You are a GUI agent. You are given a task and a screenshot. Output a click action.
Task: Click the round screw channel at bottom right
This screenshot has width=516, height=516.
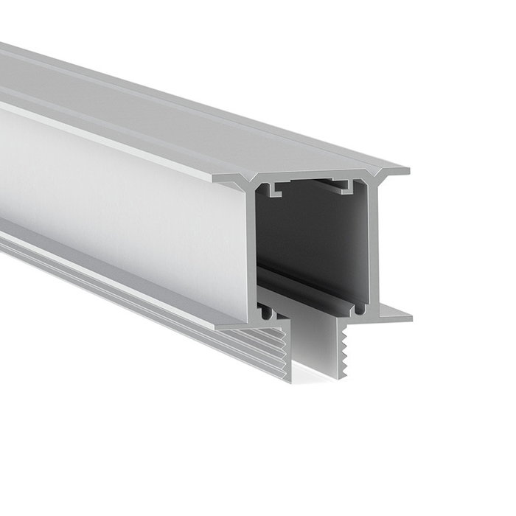359,310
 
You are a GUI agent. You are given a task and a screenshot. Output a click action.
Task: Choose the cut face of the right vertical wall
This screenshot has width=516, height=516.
372,243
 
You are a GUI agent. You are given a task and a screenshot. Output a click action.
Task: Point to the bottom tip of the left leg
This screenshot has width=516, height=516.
287,380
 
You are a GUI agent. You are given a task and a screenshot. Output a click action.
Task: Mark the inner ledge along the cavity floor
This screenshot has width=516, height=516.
310,287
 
